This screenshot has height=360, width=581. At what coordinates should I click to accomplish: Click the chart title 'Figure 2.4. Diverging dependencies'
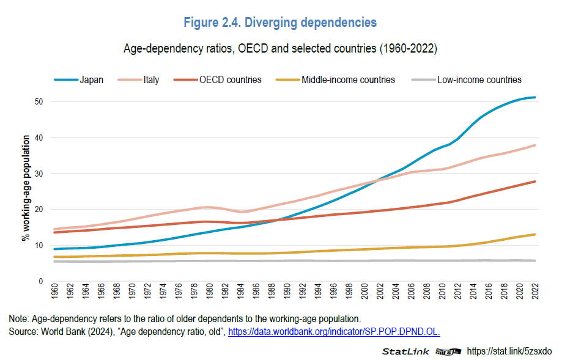click(x=280, y=23)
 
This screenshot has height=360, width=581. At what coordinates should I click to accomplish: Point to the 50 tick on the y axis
click(x=38, y=101)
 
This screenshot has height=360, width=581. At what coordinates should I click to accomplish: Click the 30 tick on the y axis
click(x=38, y=174)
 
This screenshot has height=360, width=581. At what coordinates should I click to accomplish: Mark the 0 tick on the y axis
click(x=40, y=282)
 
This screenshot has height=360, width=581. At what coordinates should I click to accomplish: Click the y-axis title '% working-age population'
click(x=25, y=191)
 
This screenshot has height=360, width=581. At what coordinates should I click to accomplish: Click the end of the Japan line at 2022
click(x=535, y=97)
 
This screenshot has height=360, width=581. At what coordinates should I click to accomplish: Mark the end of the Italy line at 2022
click(x=535, y=145)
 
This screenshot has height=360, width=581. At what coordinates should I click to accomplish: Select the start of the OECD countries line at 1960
click(x=56, y=232)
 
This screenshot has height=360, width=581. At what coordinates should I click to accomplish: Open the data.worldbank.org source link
click(x=334, y=331)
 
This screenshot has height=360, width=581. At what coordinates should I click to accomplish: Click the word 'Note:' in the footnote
click(x=19, y=318)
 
